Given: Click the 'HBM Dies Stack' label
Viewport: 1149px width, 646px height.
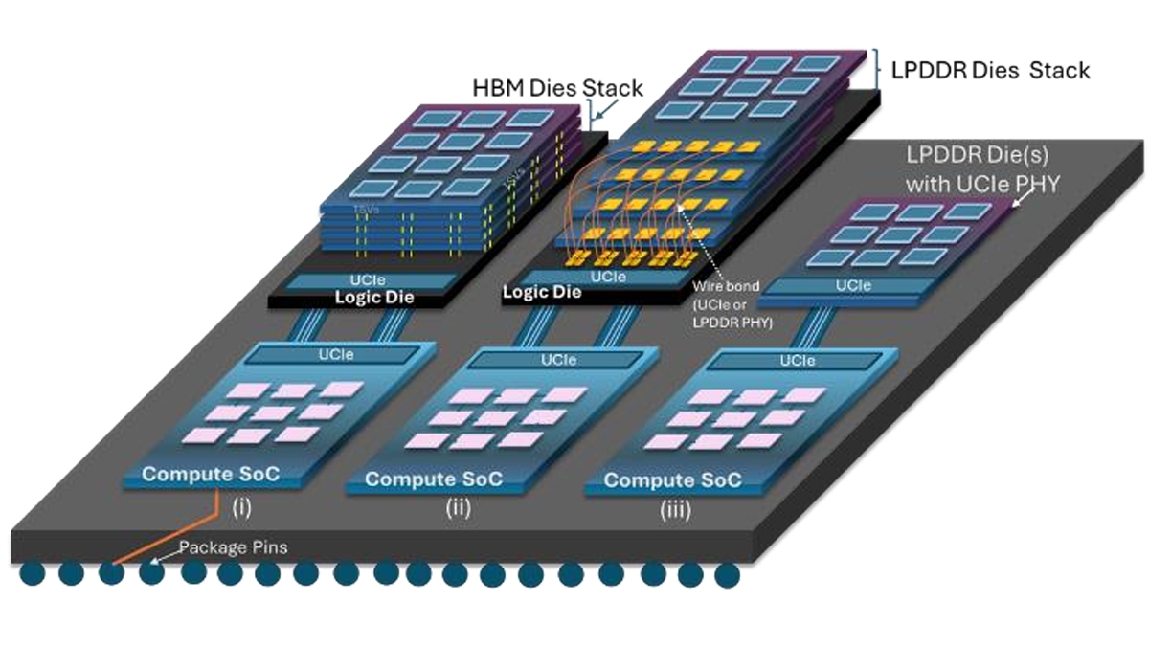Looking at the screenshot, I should click(x=557, y=88).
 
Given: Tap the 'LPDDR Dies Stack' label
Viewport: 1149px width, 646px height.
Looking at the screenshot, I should click(x=990, y=71).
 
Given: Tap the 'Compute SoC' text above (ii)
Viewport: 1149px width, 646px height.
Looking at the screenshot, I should click(x=434, y=479).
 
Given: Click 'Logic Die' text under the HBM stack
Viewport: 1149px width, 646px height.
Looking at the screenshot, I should click(x=372, y=297).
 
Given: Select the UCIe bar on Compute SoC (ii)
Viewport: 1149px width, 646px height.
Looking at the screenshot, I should click(x=557, y=360).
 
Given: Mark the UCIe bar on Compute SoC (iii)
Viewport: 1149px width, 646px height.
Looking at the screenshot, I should click(x=797, y=361).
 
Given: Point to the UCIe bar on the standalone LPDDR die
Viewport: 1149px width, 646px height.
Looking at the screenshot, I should click(x=853, y=286).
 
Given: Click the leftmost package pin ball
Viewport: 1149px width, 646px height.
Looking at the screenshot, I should click(x=31, y=574).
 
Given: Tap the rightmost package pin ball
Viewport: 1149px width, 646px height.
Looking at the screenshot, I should click(x=728, y=575).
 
